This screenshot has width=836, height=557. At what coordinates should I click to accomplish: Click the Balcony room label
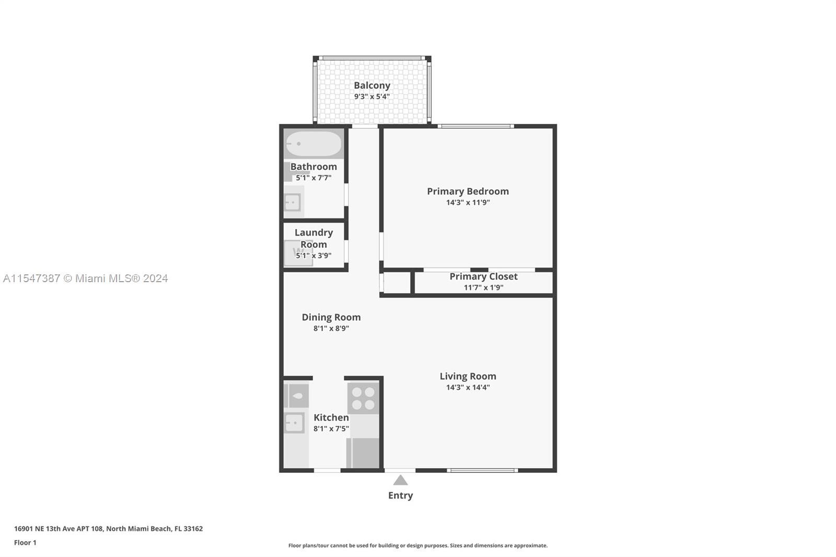click(371, 85)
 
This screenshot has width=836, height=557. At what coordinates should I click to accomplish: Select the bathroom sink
click(292, 202)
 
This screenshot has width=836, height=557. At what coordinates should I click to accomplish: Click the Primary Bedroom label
click(468, 191)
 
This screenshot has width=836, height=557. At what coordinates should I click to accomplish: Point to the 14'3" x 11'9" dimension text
click(468, 203)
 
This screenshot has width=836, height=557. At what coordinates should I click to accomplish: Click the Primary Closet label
click(483, 276)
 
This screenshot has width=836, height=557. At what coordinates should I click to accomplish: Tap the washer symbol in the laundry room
click(298, 253)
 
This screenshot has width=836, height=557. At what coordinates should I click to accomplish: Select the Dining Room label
click(331, 317)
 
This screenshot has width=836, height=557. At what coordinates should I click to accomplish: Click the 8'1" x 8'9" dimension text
click(331, 329)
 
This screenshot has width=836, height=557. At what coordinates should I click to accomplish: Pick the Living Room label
click(468, 376)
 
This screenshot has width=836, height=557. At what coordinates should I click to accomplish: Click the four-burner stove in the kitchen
click(363, 398)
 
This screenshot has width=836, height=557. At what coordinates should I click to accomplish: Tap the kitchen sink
click(294, 423)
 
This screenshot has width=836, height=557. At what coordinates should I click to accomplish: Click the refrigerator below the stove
click(363, 452)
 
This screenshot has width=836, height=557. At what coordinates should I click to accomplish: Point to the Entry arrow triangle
click(400, 480)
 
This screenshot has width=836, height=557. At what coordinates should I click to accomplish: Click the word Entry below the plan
click(400, 495)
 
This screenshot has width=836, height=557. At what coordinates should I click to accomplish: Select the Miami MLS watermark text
click(85, 278)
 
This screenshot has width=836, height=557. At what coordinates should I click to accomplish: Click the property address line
click(108, 529)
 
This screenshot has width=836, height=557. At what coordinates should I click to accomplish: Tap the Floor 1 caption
click(25, 543)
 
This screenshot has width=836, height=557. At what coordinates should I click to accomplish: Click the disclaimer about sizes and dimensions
click(417, 546)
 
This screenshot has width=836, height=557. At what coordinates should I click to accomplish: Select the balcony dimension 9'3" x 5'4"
click(371, 97)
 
